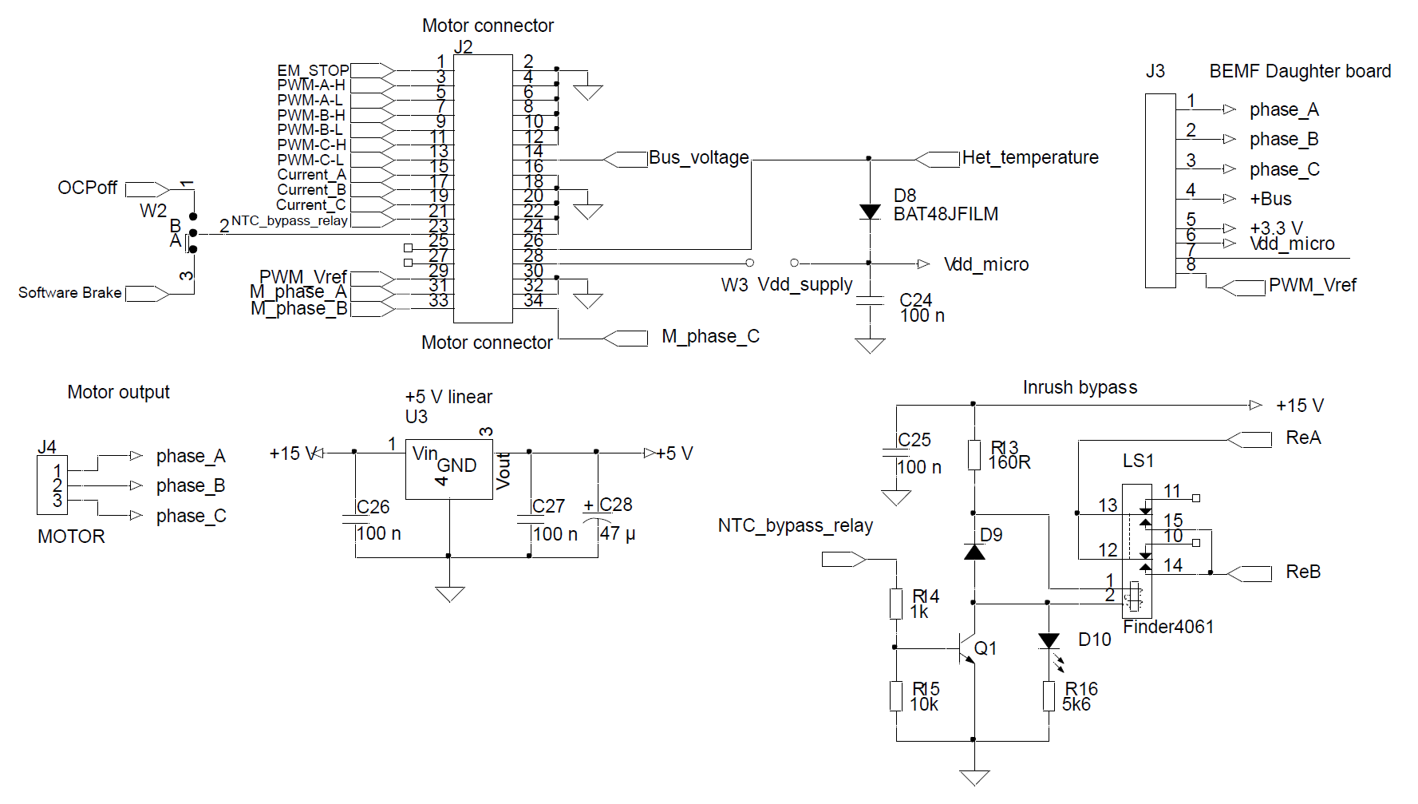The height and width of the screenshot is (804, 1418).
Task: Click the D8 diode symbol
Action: tap(870, 212)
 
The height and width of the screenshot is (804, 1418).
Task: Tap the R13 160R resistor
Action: tap(974, 454)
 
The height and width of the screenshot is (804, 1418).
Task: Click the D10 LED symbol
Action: tap(1049, 641)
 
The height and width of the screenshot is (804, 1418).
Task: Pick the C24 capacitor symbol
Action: tap(870, 300)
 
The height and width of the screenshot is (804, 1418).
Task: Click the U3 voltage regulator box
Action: tap(449, 469)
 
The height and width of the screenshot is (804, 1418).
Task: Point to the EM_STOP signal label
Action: tap(313, 70)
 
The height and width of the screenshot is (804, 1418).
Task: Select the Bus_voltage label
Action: tap(698, 158)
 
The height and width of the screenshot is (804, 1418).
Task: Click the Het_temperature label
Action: tap(1029, 158)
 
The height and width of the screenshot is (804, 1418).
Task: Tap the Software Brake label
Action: tap(70, 293)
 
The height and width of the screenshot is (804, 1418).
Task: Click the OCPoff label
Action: tap(87, 188)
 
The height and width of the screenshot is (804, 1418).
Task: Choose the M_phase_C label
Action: tap(710, 337)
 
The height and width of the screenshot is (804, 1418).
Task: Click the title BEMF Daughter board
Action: tap(1299, 72)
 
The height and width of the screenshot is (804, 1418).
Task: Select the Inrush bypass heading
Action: tap(1079, 388)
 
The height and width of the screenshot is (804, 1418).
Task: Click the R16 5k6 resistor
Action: tap(1049, 696)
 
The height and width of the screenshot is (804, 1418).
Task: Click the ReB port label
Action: tap(1302, 572)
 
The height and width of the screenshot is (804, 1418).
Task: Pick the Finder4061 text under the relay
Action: tap(1167, 628)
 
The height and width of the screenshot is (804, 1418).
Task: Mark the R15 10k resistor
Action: tap(896, 696)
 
